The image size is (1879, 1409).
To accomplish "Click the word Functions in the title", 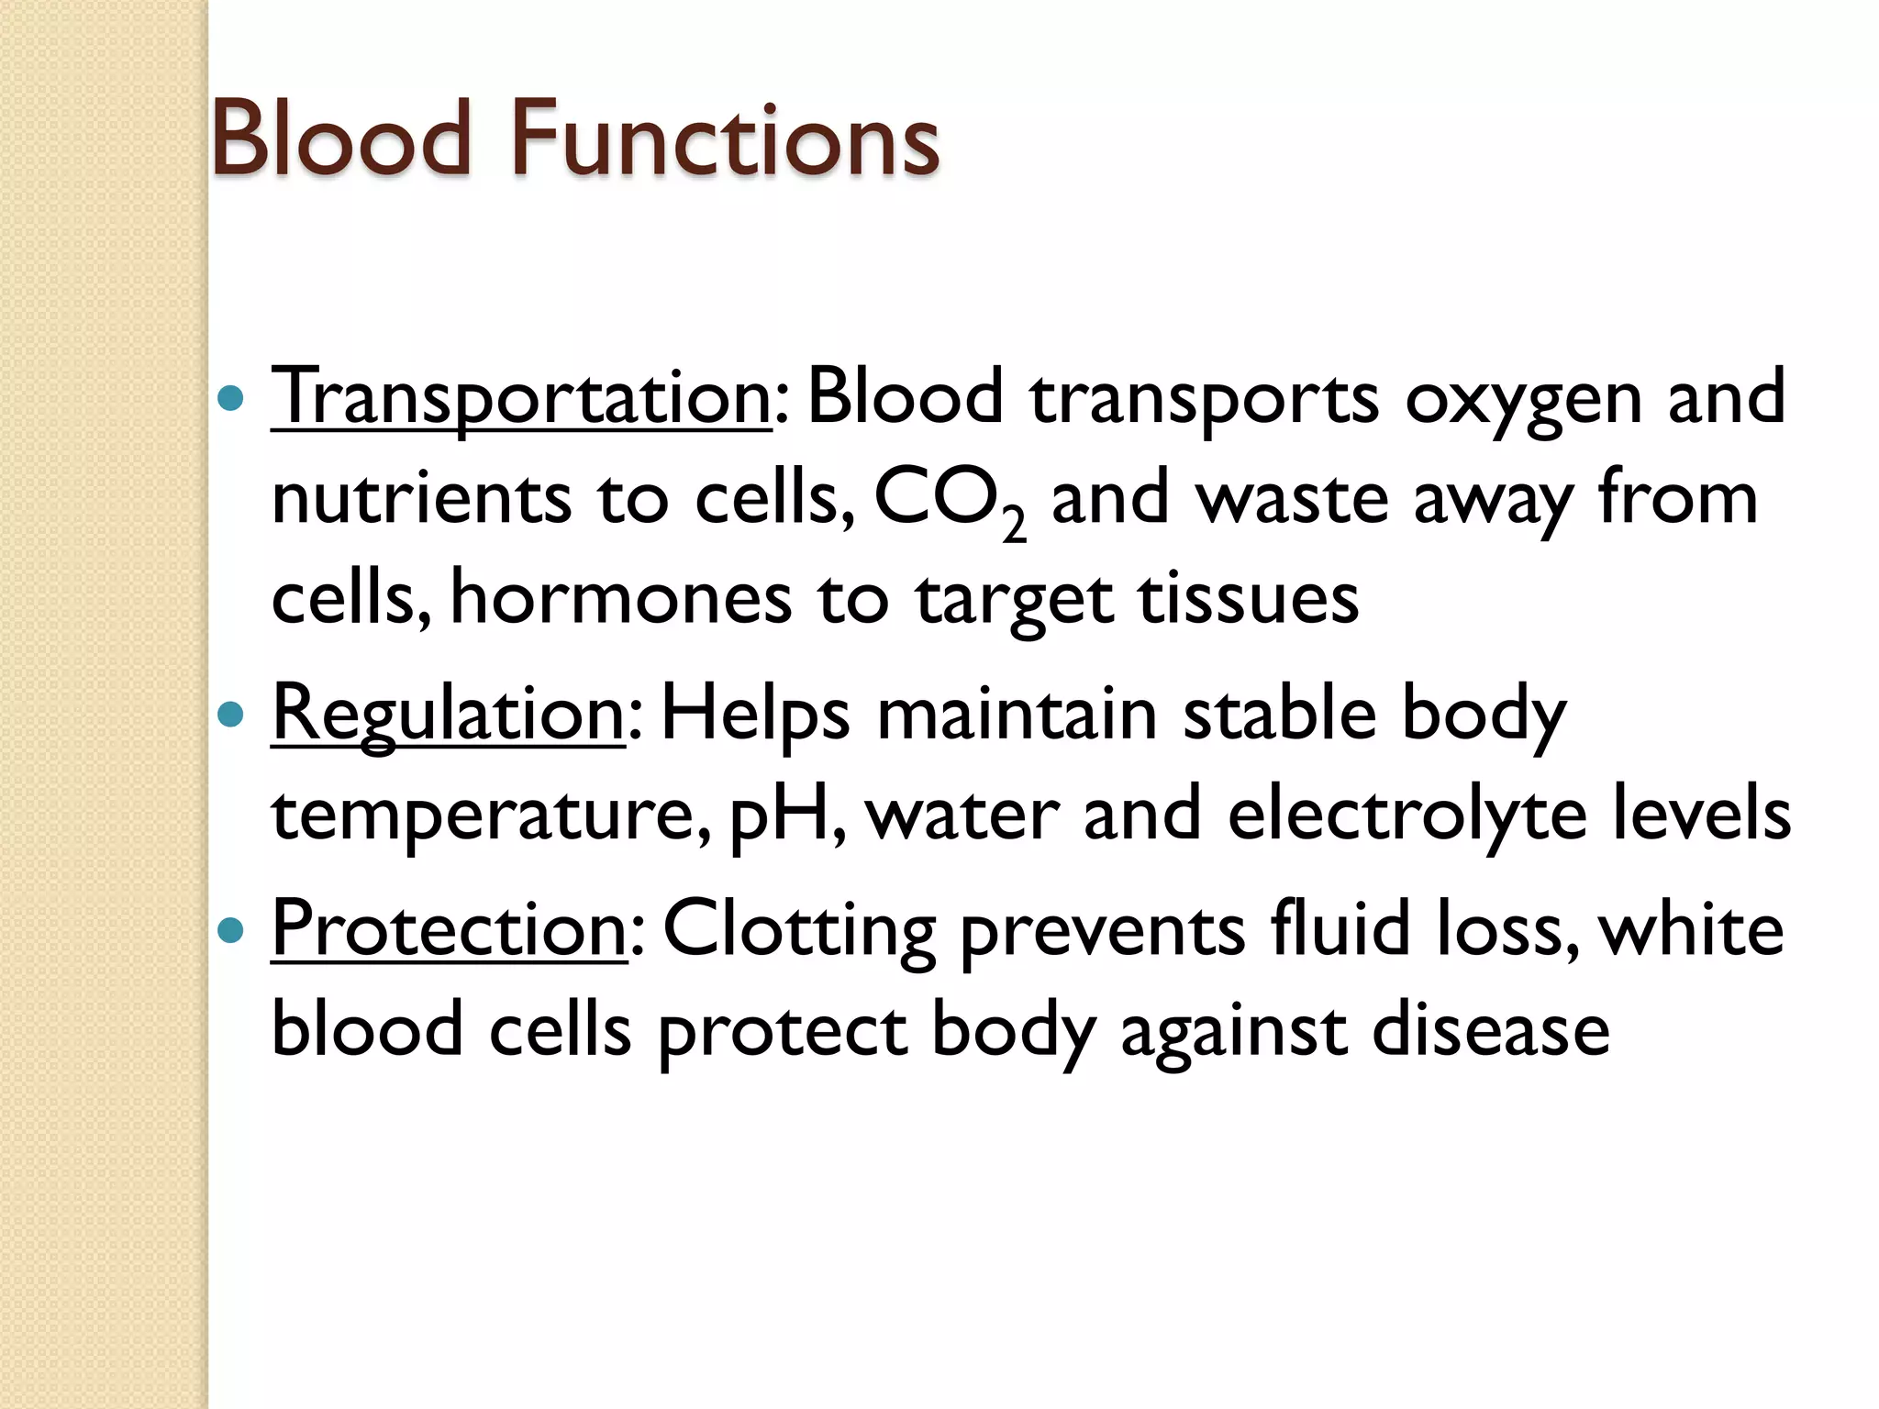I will point(725,139).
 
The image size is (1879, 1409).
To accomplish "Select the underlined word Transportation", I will point(521,397).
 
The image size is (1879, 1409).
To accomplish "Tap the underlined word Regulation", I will point(448,714).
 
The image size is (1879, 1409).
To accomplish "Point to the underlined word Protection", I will point(449,929).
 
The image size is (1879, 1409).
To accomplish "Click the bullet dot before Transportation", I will point(231,398).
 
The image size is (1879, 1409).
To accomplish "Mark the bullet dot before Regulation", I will point(231,715).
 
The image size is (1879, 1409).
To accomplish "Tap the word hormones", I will point(621,599).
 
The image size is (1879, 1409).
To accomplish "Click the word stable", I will point(1280,714).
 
